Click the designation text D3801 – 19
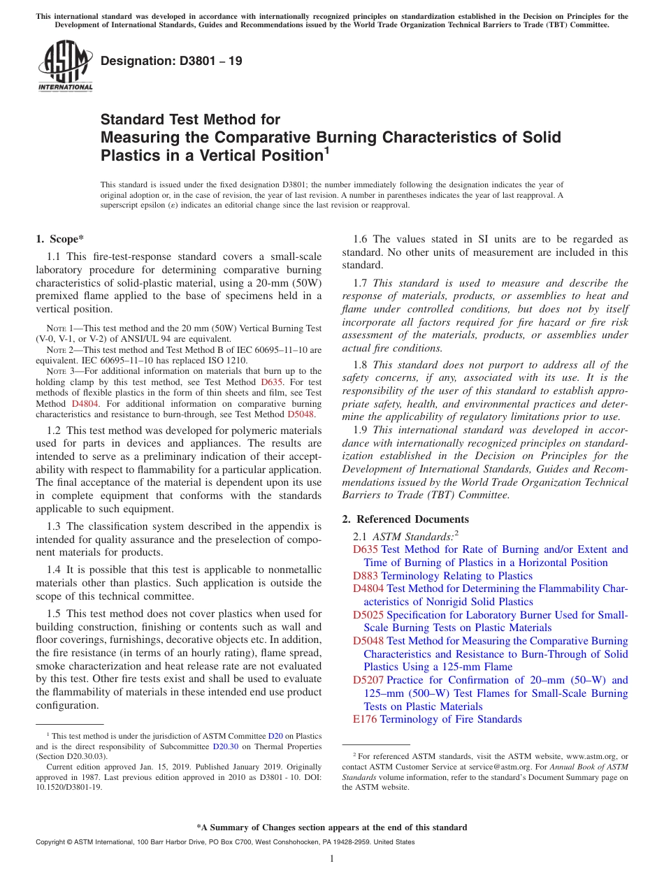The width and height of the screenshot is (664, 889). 171,61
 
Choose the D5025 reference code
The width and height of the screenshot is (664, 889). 368,615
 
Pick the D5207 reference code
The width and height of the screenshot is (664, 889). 368,680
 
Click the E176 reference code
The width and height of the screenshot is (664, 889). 366,719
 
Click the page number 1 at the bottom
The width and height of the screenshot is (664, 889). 332,859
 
